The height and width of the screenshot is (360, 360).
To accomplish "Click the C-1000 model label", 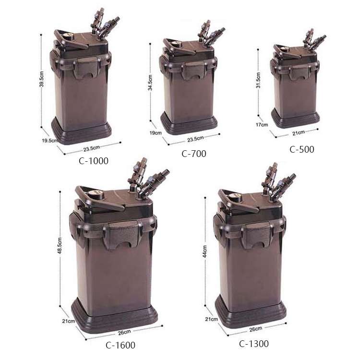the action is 94,161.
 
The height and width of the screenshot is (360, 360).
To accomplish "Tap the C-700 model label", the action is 194,154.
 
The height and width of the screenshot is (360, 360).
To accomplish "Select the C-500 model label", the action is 302,149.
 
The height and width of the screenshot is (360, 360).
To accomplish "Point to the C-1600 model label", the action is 120,345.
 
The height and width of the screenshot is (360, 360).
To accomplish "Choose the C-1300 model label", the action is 254,344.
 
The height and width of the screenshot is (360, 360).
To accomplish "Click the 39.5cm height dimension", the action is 41,79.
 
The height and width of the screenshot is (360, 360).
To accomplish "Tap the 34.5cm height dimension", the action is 150,83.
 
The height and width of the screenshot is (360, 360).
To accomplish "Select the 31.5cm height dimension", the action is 258,80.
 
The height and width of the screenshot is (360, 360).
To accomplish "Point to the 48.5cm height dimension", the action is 60,246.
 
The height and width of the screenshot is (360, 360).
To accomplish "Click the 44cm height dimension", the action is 205,252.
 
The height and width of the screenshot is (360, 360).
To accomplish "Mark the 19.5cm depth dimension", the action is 50,141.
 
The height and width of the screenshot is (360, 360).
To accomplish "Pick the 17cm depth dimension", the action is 262,125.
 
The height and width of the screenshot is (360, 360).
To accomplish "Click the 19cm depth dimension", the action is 156,132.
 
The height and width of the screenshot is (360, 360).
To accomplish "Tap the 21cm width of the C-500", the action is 299,132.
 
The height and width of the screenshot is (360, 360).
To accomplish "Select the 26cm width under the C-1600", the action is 124,332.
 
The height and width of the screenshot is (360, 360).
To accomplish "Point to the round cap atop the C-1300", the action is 235,197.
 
